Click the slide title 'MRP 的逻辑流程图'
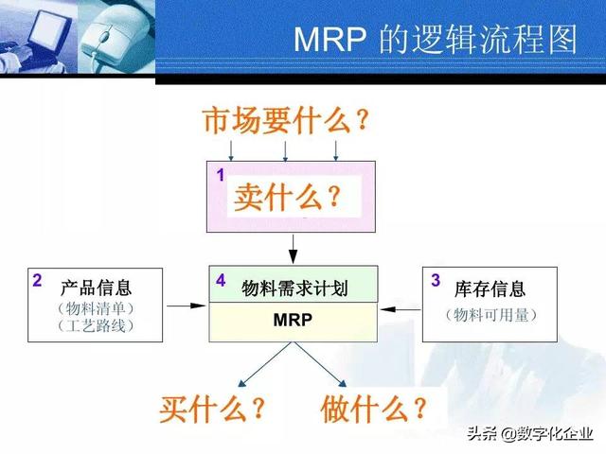(436, 40)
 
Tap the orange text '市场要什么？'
(284, 121)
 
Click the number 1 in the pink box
(221, 175)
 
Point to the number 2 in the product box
(37, 281)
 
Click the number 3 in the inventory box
(436, 280)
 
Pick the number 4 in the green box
(221, 281)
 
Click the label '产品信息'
(96, 288)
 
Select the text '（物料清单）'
(96, 307)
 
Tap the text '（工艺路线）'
(96, 326)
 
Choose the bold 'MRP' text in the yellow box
(293, 321)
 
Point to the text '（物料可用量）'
(490, 313)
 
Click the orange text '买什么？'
(211, 409)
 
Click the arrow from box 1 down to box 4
(293, 248)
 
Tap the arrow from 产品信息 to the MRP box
(186, 305)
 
